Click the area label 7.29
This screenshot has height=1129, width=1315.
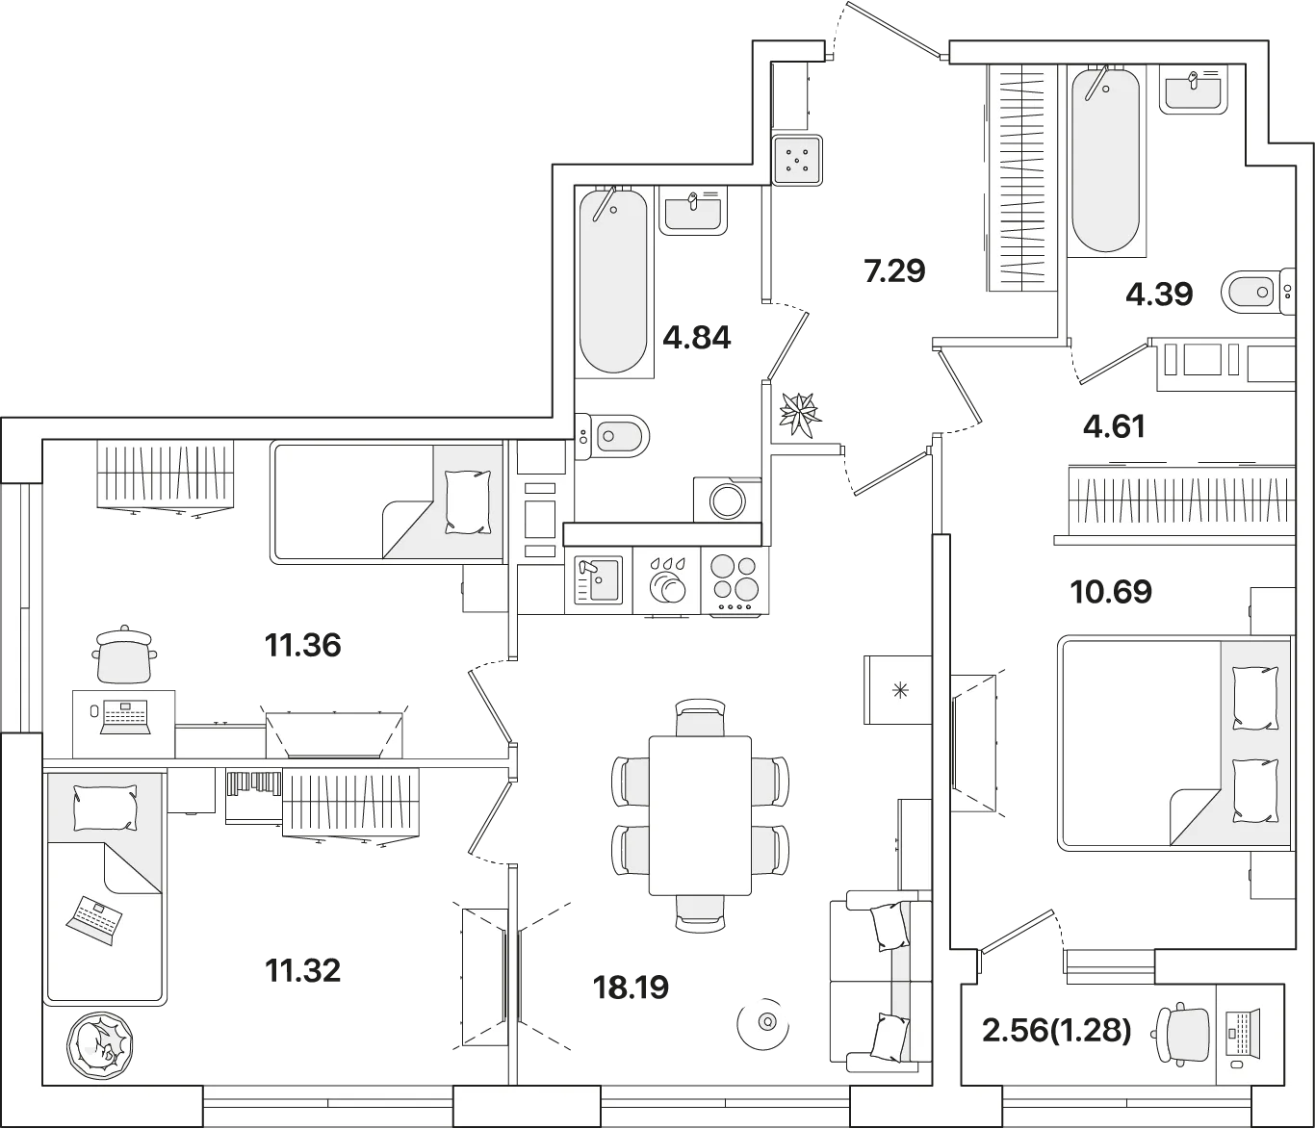click(x=894, y=271)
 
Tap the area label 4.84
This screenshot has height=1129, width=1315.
click(x=697, y=337)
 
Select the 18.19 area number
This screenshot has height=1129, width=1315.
click(x=631, y=988)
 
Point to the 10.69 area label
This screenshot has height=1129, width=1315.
click(x=1111, y=592)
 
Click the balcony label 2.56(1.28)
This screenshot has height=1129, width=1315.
click(x=1057, y=1031)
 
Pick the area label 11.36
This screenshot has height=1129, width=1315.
click(x=303, y=646)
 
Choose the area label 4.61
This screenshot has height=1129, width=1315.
click(x=1114, y=426)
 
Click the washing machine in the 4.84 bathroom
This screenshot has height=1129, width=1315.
click(x=727, y=500)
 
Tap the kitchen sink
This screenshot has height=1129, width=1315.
click(x=598, y=579)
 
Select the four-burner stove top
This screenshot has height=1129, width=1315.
click(x=735, y=581)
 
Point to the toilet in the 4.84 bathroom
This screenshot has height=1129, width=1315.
click(x=612, y=436)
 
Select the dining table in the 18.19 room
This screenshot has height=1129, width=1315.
click(x=700, y=815)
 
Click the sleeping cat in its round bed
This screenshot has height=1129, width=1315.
click(x=100, y=1044)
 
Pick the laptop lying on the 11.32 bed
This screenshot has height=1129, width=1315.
click(x=94, y=920)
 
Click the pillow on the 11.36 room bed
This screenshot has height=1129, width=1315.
click(x=468, y=501)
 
